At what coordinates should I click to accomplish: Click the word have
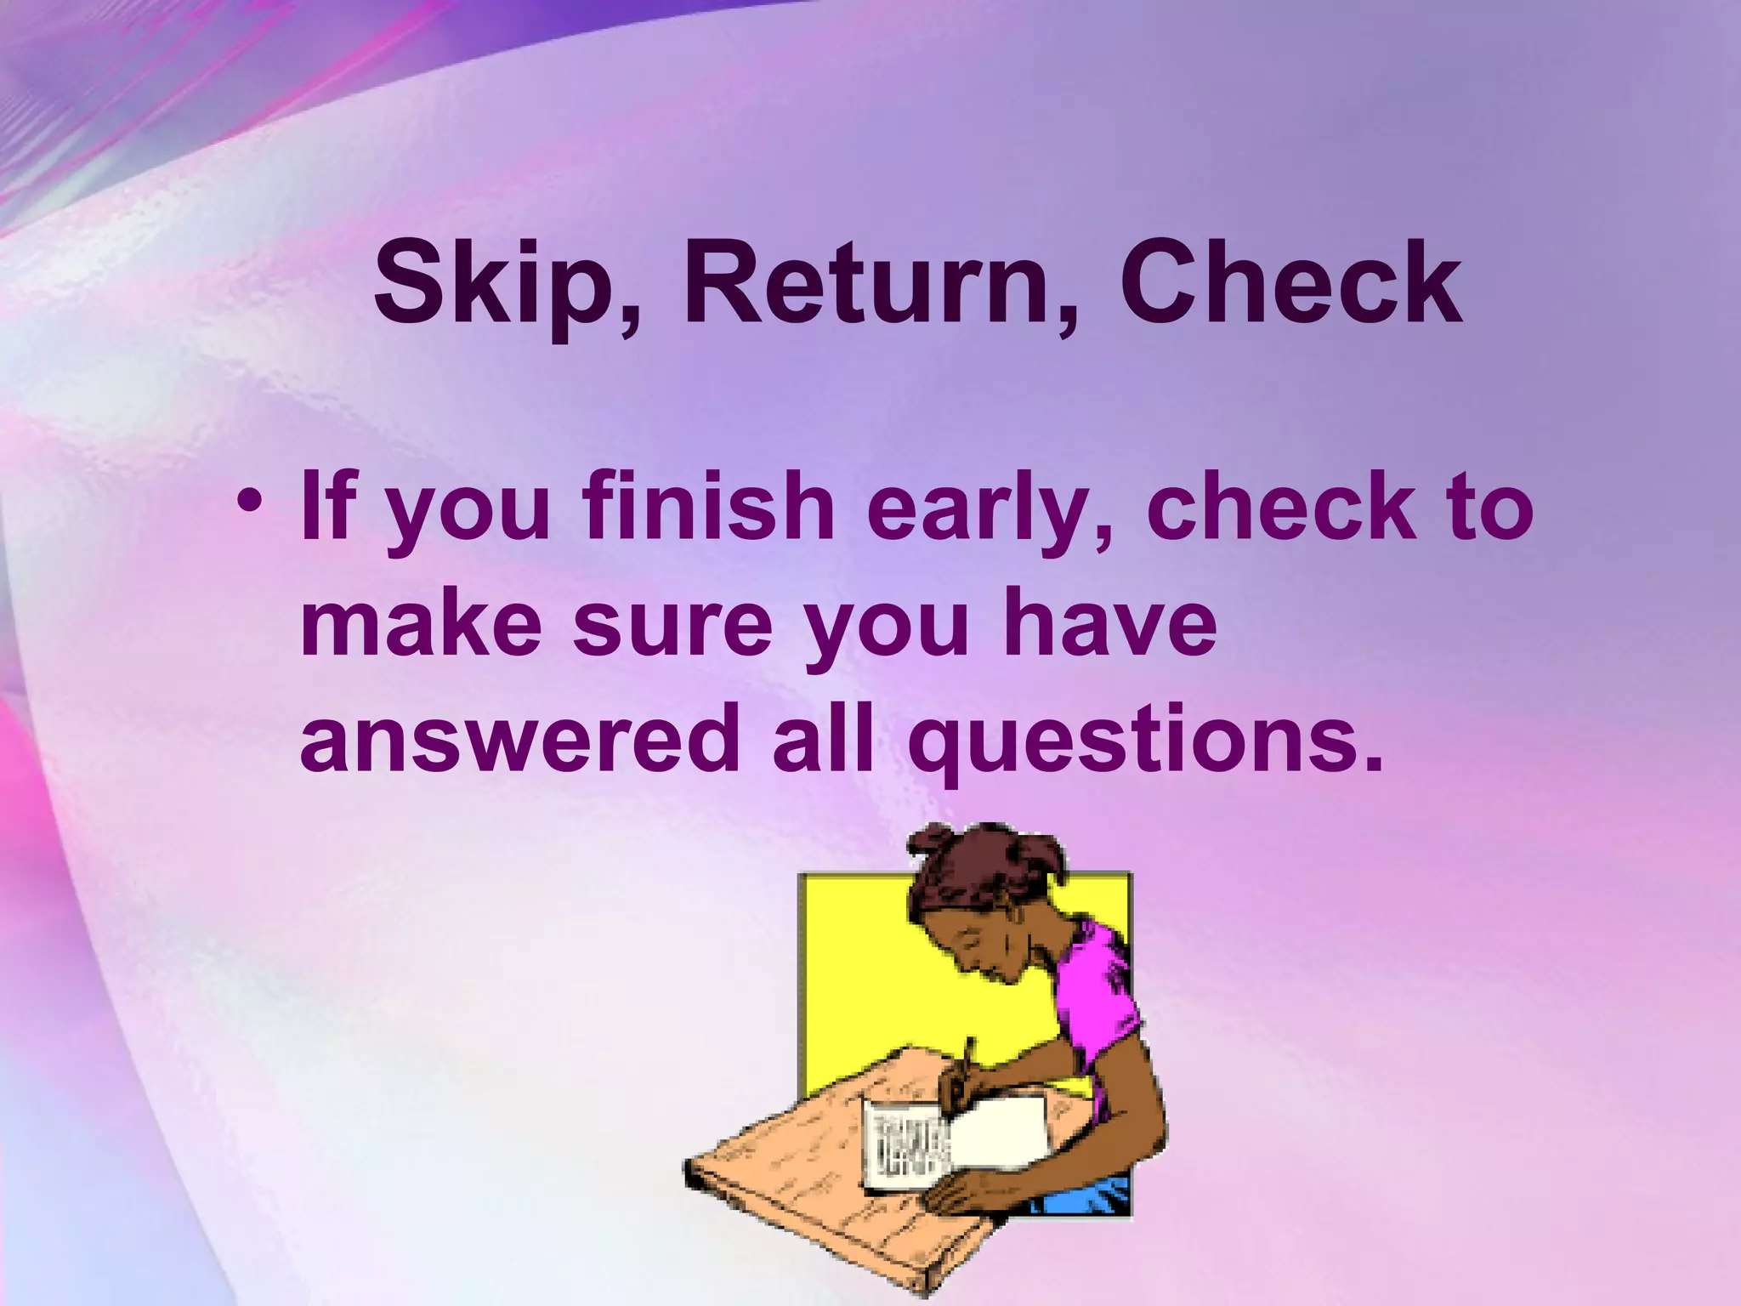coord(1109,625)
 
